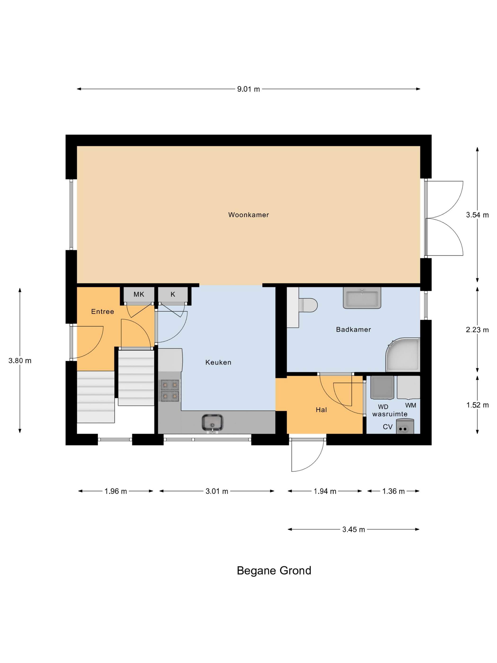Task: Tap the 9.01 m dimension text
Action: click(x=248, y=89)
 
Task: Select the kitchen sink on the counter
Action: click(x=212, y=422)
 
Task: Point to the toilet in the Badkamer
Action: click(x=309, y=305)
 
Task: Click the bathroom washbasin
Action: click(x=362, y=298)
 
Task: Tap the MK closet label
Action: click(x=139, y=294)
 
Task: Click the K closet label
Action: click(x=173, y=294)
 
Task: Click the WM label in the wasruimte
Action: click(x=410, y=405)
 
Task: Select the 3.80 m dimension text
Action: click(x=20, y=361)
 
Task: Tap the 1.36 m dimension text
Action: click(x=393, y=491)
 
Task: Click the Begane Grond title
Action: click(x=274, y=570)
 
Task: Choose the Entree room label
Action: click(x=102, y=311)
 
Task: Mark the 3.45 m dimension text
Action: click(x=354, y=530)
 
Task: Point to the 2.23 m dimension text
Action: click(x=477, y=330)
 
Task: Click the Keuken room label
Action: click(x=218, y=362)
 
